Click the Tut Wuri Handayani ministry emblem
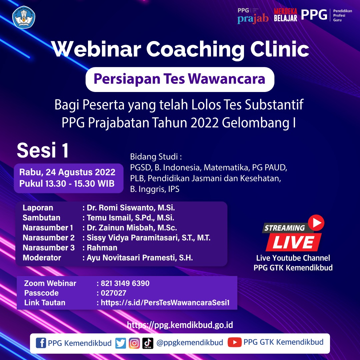tap(24, 17)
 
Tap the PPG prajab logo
tap(253, 16)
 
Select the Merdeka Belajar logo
tap(285, 15)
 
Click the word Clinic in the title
tap(280, 49)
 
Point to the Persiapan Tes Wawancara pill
tap(180, 79)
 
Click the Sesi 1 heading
tap(43, 150)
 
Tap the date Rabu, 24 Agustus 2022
tap(67, 172)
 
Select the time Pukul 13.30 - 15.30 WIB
tap(67, 183)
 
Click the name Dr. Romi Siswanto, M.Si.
tap(131, 208)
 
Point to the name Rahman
tap(102, 248)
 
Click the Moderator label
tap(42, 258)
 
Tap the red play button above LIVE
tap(316, 223)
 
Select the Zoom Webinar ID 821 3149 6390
tap(125, 283)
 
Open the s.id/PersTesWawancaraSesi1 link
tap(165, 303)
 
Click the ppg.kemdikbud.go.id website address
tap(180, 325)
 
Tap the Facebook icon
tap(41, 343)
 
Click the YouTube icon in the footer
tap(234, 342)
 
